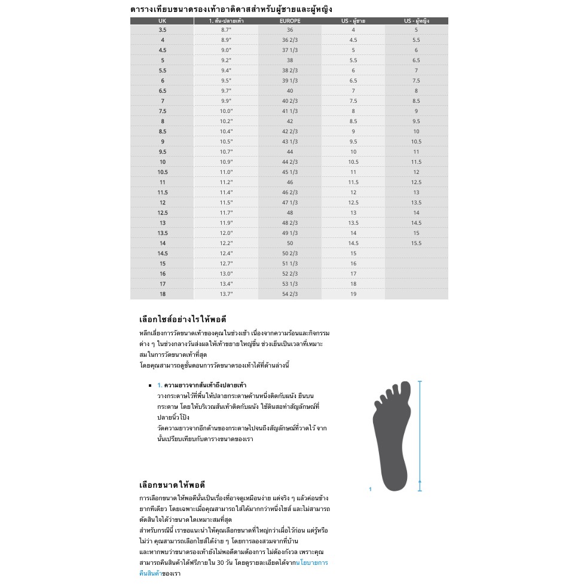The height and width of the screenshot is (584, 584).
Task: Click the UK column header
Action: click(163, 21)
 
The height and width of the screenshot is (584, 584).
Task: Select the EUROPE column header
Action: click(290, 21)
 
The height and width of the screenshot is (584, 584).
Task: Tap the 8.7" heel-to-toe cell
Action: click(226, 29)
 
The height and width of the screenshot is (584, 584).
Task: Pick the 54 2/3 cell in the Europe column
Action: click(290, 294)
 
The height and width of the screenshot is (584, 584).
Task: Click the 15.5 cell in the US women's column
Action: click(416, 243)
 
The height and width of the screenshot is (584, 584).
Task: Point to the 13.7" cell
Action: click(226, 294)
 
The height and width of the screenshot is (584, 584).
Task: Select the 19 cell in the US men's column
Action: click(353, 294)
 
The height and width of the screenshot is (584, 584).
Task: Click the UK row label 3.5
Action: click(163, 29)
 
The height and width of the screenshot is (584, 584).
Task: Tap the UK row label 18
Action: click(163, 294)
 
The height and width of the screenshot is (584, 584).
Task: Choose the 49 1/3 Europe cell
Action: click(290, 233)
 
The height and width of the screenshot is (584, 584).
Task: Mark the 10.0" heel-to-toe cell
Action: click(226, 111)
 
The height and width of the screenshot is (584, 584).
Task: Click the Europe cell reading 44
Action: click(290, 152)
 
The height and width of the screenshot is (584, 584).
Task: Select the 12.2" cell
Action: click(226, 243)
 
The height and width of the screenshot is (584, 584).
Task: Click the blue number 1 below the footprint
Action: click(370, 490)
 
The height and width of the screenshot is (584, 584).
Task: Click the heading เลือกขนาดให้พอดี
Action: click(172, 485)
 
